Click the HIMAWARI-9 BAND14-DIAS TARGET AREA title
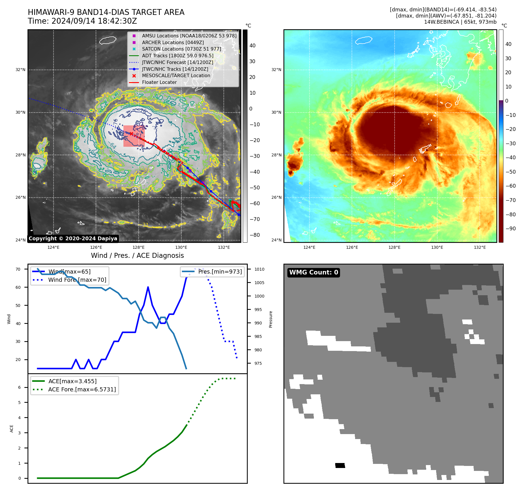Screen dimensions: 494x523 pyautogui.click(x=106, y=12)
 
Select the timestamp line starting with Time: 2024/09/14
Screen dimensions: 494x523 pyautogui.click(x=82, y=21)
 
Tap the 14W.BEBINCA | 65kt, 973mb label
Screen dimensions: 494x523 pyautogui.click(x=460, y=22)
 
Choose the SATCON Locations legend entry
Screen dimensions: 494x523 pyautogui.click(x=181, y=49)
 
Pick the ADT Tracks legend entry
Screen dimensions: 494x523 pyautogui.click(x=178, y=56)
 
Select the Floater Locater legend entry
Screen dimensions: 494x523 pyautogui.click(x=159, y=82)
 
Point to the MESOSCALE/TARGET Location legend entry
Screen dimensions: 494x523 pyautogui.click(x=176, y=75)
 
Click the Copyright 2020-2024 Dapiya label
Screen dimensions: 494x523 pyautogui.click(x=73, y=239)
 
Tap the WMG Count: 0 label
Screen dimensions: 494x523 pyautogui.click(x=314, y=272)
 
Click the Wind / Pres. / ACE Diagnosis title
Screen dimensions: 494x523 pyautogui.click(x=137, y=255)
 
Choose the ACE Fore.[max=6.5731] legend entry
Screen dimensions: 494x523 pyautogui.click(x=82, y=389)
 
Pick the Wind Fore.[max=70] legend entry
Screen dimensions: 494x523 pyautogui.click(x=77, y=280)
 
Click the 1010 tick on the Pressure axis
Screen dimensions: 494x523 pyautogui.click(x=259, y=269)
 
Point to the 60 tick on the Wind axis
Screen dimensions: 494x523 pyautogui.click(x=18, y=287)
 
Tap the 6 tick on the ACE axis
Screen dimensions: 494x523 pyautogui.click(x=19, y=387)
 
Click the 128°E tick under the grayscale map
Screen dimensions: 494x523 pyautogui.click(x=138, y=247)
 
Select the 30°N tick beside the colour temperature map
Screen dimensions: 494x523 pyautogui.click(x=276, y=112)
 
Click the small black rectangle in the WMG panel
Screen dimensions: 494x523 pyautogui.click(x=340, y=465)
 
